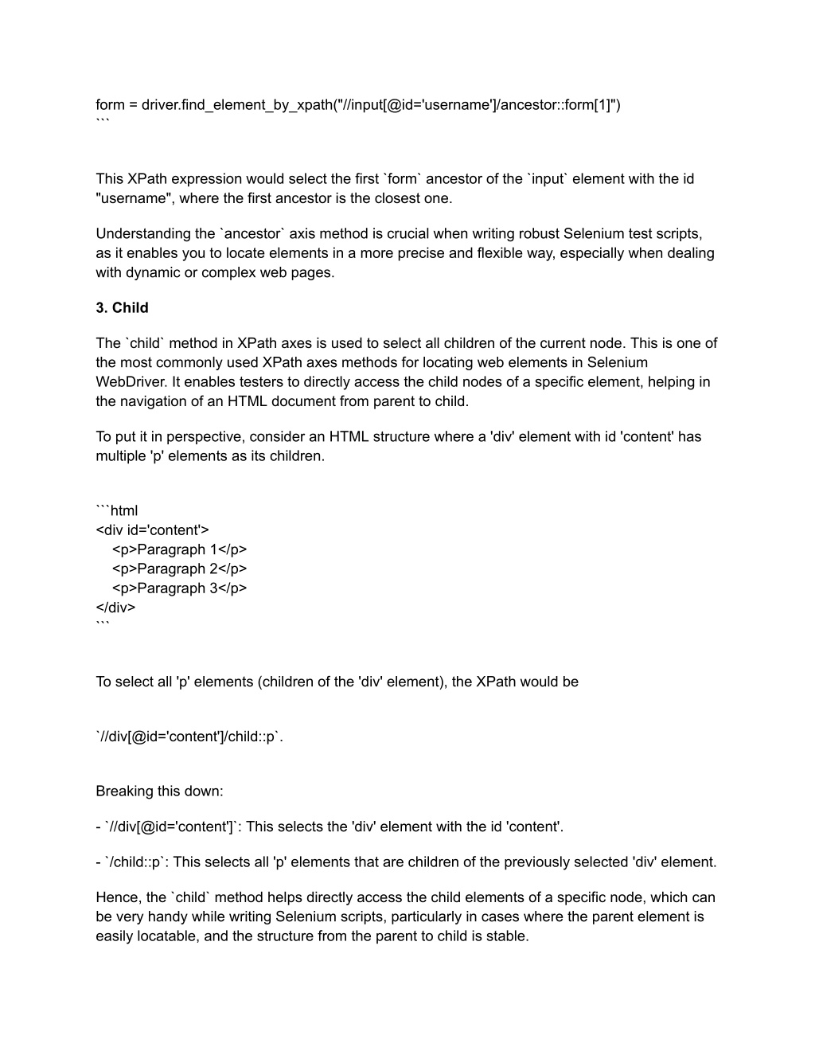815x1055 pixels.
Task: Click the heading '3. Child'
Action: coord(122,308)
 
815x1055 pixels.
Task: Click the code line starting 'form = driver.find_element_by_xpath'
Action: coord(357,105)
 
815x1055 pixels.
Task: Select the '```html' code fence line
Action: coord(117,510)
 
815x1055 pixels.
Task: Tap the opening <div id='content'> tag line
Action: coord(152,530)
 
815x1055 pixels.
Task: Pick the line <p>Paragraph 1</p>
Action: coord(179,549)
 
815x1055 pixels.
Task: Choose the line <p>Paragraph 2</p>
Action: coord(179,569)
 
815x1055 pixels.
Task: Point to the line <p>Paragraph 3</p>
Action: coord(179,588)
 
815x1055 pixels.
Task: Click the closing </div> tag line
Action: coord(115,608)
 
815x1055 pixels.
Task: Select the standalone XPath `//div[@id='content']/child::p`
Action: coord(189,737)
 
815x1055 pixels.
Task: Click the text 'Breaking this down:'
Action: coord(159,791)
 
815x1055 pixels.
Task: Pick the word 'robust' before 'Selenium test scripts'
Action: coord(539,234)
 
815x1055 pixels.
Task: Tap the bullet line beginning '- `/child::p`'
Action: coord(406,862)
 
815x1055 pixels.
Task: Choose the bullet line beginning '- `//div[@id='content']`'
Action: coord(330,826)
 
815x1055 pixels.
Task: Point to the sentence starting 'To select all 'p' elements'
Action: coord(337,682)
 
